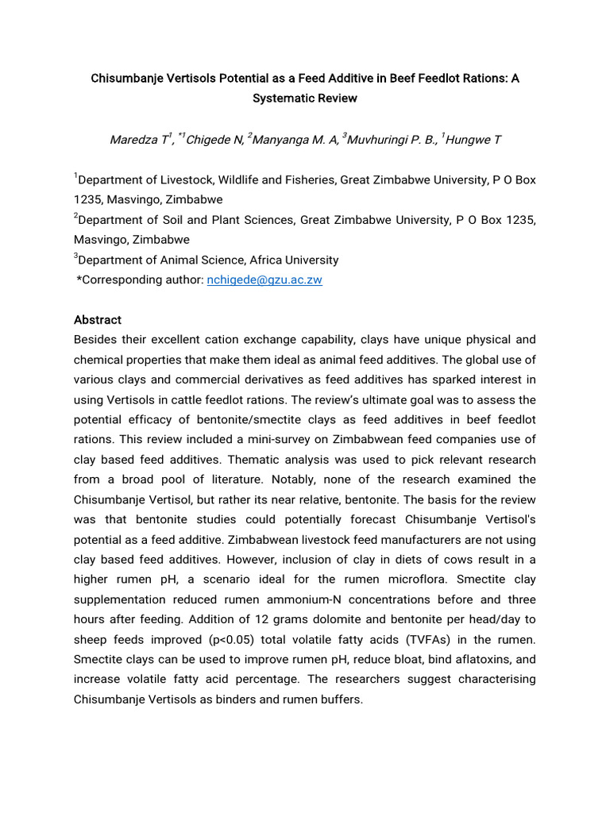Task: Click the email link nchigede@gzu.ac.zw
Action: pos(264,280)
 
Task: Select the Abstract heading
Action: pos(98,320)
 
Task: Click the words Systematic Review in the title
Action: pos(305,98)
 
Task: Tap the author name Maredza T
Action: pos(139,141)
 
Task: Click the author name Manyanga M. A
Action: pos(296,141)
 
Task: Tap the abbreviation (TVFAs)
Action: pos(427,639)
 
